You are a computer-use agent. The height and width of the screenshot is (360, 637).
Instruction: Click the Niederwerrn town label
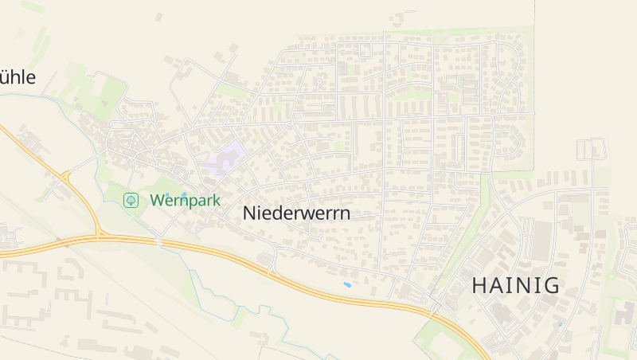(x=296, y=213)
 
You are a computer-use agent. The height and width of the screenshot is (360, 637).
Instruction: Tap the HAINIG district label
(x=516, y=285)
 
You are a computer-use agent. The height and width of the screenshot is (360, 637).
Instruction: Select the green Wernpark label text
(x=185, y=201)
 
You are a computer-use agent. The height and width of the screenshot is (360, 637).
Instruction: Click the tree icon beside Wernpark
(x=131, y=200)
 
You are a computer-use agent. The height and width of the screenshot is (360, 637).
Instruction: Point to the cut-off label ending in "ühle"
(x=18, y=78)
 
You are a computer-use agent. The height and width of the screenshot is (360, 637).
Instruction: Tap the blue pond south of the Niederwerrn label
(x=346, y=284)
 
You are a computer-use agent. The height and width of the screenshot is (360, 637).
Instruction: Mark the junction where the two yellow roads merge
(x=98, y=236)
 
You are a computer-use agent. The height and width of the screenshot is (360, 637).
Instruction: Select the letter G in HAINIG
(x=551, y=285)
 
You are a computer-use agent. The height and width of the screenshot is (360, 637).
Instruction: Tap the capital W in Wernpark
(x=157, y=201)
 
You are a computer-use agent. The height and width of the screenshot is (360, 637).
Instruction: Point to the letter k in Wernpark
(x=215, y=201)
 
